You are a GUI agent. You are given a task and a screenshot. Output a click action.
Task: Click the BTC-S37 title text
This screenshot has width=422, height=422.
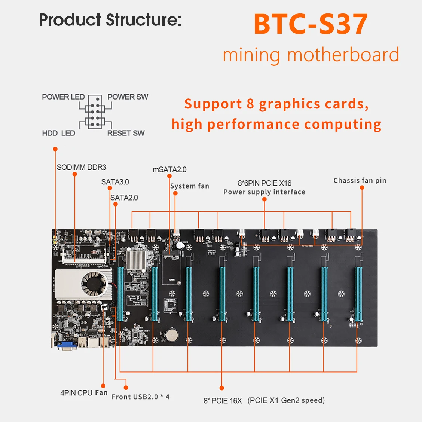(x=311, y=24)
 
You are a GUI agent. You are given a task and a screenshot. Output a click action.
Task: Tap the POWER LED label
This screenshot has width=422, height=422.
(x=63, y=97)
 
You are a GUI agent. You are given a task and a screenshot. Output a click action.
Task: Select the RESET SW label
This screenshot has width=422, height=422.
(x=126, y=133)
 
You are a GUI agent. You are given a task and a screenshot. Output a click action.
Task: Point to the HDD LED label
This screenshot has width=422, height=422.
(x=59, y=133)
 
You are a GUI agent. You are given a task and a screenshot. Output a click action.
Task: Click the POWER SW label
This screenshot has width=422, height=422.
(x=128, y=97)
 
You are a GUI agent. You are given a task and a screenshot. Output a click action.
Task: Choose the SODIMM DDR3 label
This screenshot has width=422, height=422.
(x=82, y=167)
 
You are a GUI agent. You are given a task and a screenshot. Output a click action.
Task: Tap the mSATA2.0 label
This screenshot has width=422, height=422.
(x=169, y=169)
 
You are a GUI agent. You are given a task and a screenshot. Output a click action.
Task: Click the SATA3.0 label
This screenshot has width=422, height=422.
(x=115, y=182)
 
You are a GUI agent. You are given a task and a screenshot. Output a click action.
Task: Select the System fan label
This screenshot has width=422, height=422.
(x=190, y=186)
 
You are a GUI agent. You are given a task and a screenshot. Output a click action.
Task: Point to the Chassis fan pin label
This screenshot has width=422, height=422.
(x=360, y=181)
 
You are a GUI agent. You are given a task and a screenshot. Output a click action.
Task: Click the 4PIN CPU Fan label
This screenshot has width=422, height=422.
(x=84, y=393)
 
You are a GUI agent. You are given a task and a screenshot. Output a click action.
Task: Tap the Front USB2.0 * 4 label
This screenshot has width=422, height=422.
(x=141, y=397)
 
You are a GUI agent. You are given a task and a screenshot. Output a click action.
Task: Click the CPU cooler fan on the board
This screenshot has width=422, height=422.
(x=94, y=283)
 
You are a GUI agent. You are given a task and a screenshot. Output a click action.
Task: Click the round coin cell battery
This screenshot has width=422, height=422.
(x=172, y=335)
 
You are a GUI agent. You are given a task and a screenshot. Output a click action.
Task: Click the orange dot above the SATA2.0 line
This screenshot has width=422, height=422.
(x=116, y=204)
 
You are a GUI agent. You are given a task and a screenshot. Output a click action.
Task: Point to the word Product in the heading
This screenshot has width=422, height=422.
(x=70, y=20)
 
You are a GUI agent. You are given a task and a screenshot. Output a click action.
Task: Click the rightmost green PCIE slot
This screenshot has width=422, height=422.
(x=358, y=294)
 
